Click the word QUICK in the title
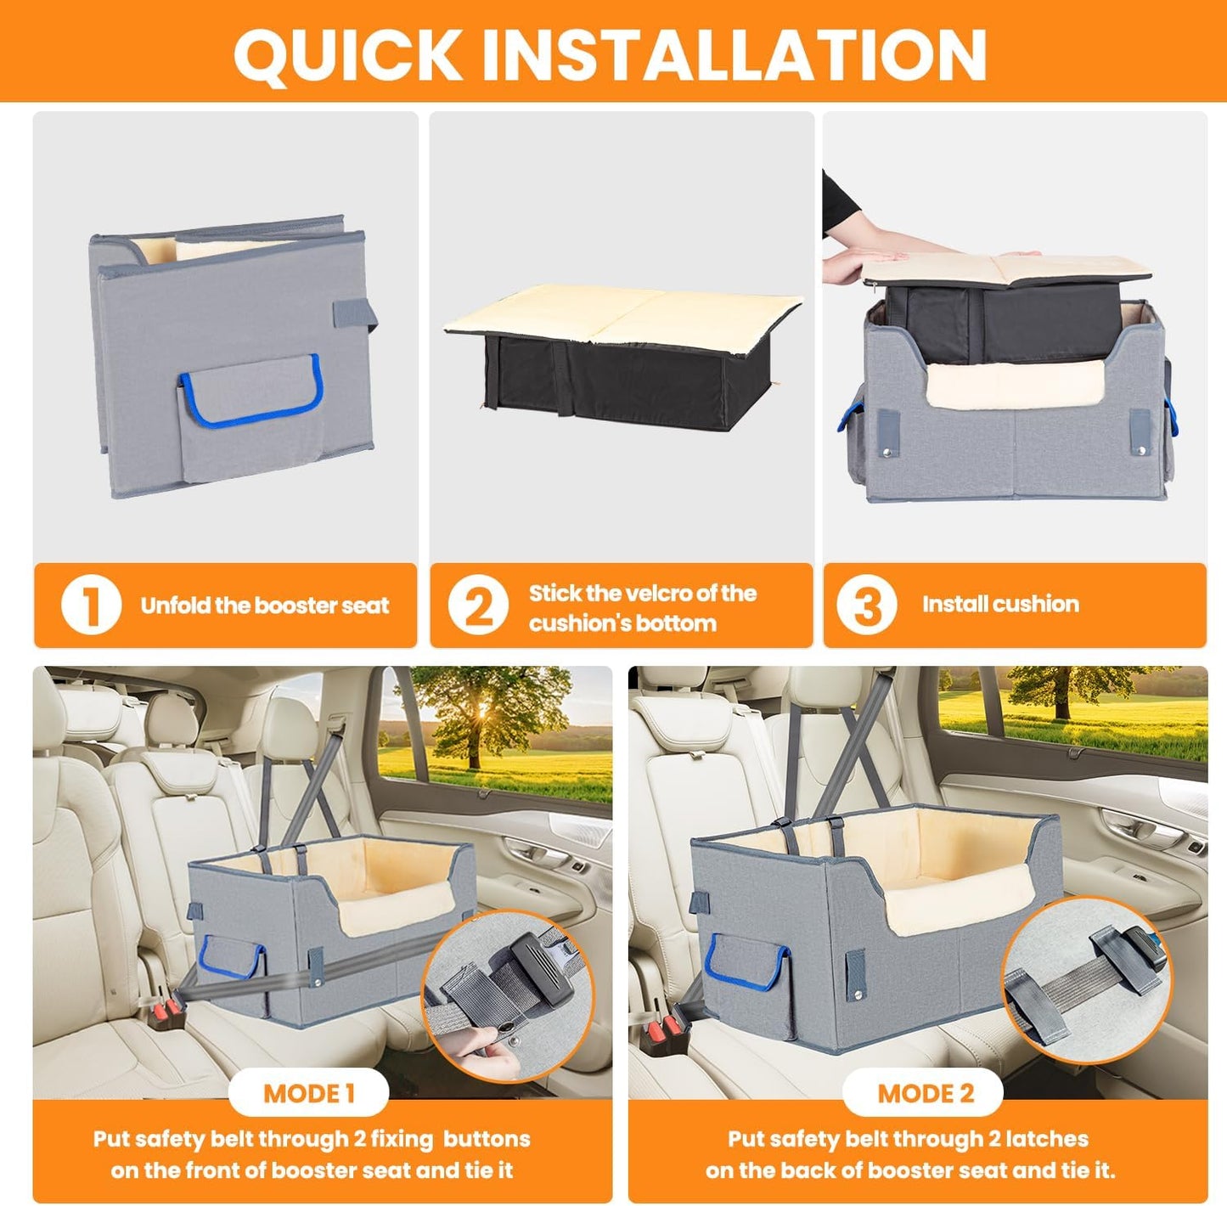click(347, 54)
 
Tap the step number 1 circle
click(91, 606)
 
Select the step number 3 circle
click(866, 606)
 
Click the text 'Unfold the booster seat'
click(265, 606)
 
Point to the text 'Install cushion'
click(1000, 604)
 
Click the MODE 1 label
click(308, 1093)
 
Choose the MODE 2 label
click(925, 1093)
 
